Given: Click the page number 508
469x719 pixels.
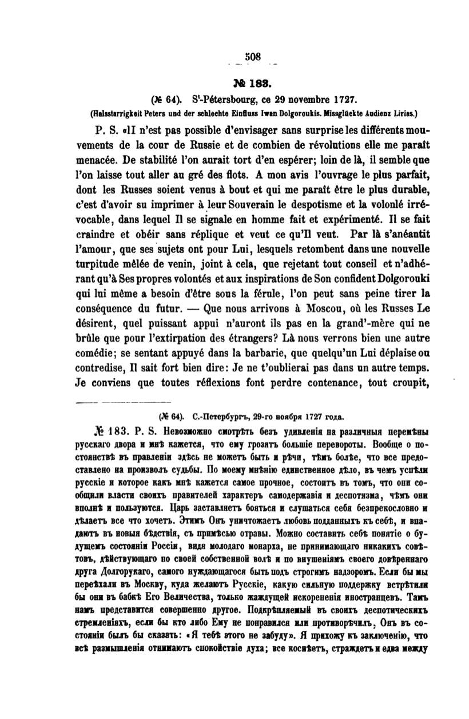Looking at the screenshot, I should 252,56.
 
